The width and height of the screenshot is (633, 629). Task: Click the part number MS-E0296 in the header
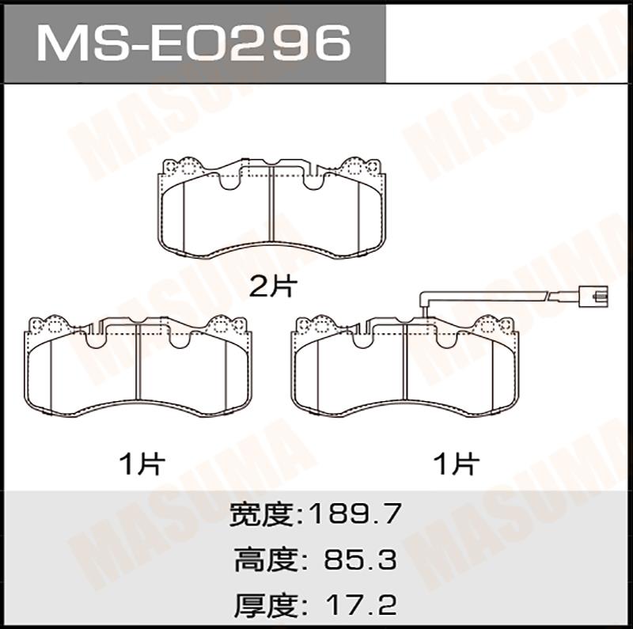[x=194, y=43]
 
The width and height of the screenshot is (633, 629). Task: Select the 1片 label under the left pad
[x=142, y=464]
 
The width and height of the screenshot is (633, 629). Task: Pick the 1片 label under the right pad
[x=457, y=464]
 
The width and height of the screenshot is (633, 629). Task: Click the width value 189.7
[x=354, y=514]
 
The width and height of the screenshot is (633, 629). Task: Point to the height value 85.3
[x=360, y=559]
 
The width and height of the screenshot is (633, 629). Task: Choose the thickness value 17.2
[x=361, y=604]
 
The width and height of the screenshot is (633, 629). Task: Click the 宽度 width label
[x=261, y=514]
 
